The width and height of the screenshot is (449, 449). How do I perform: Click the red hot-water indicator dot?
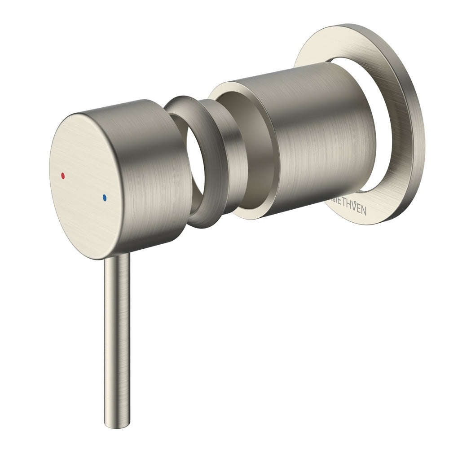coord(62,175)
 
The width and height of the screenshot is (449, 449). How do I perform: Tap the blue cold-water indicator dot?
coord(105,197)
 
